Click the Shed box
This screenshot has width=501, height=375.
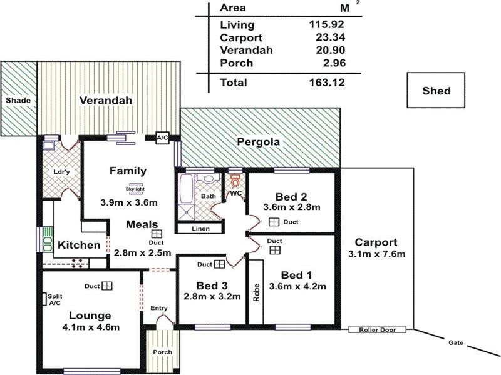point(436,91)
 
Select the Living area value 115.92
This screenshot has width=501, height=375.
point(328,25)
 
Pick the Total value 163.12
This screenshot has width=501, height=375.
point(327,82)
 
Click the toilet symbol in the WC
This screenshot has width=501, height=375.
point(235,181)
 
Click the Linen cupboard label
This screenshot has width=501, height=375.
point(200,229)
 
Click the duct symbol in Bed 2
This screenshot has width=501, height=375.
point(274,222)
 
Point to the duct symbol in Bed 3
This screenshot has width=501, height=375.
point(219,264)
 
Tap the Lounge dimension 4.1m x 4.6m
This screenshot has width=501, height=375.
point(90,327)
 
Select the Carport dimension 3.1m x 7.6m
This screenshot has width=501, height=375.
point(376,254)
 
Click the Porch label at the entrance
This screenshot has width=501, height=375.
point(163,352)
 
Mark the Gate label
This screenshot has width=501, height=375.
point(455,342)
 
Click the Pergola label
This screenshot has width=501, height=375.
point(259,142)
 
